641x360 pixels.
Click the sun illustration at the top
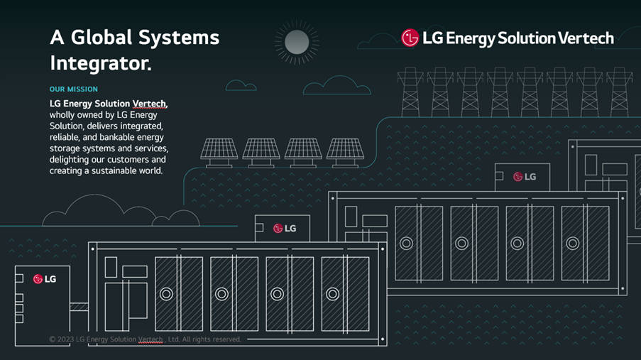coord(297,43)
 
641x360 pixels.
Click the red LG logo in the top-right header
coord(410,38)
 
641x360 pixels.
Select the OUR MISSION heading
coord(74,89)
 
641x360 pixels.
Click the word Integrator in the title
coord(99,64)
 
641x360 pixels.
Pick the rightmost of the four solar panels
coord(345,150)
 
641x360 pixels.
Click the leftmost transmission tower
coord(411,92)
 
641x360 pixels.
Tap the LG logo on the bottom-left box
coord(44,279)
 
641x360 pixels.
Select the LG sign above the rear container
coord(524,176)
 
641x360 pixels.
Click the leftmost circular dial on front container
coord(166,294)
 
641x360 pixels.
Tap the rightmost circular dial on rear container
coord(572,243)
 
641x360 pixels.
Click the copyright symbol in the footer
coord(53,339)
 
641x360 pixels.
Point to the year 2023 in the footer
coord(65,339)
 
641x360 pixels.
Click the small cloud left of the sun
coord(241,86)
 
